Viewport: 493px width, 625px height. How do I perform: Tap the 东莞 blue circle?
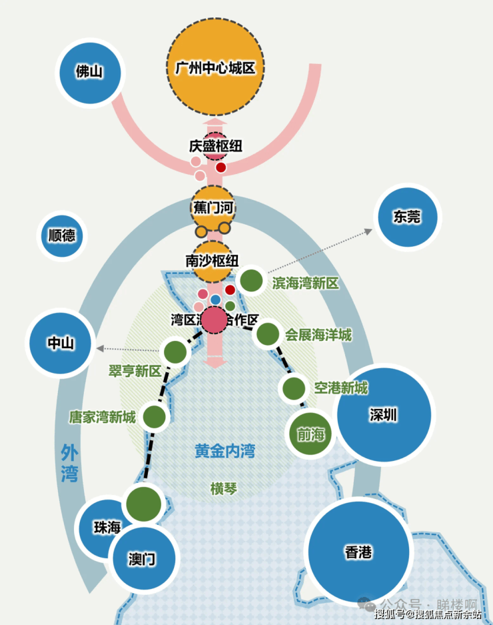[x=407, y=216]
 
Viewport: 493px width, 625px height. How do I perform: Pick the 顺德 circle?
[x=62, y=235]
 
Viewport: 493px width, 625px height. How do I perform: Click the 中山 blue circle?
[x=61, y=343]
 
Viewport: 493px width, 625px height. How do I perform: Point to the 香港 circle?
[x=358, y=552]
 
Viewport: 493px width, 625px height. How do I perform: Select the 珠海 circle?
[x=107, y=527]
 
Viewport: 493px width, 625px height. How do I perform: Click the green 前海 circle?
[x=310, y=435]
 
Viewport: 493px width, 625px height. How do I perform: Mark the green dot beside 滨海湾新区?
[x=251, y=281]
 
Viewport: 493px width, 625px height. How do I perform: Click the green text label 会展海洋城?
[x=318, y=335]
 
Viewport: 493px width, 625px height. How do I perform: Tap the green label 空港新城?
[x=341, y=388]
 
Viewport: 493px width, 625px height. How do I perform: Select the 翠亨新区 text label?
[x=135, y=372]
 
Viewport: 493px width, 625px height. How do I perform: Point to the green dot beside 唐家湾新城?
[x=154, y=417]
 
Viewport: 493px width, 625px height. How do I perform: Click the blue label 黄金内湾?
[x=225, y=451]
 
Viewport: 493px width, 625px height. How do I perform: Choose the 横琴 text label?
[x=223, y=489]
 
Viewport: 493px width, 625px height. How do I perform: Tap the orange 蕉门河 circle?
[x=213, y=207]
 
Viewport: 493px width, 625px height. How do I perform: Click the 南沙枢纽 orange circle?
[x=213, y=261]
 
